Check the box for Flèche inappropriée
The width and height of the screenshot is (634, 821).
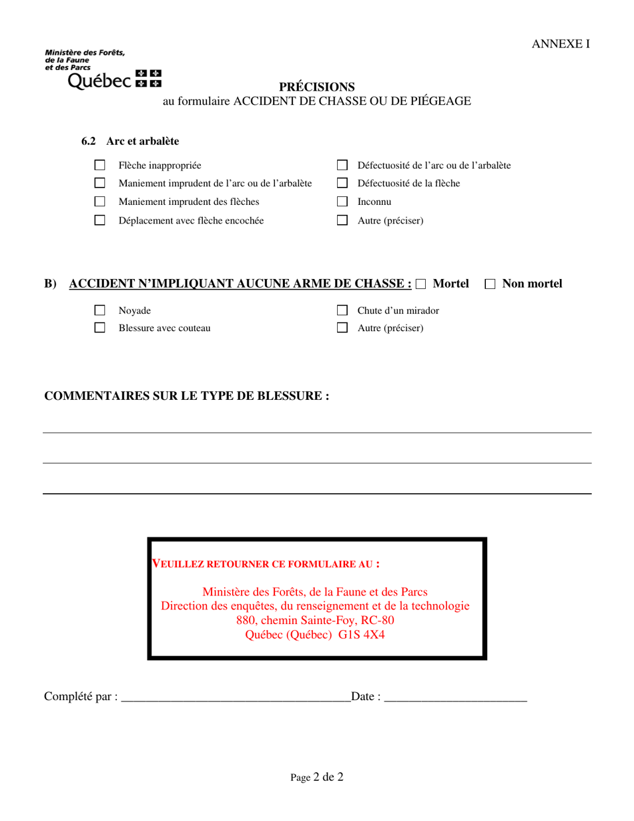[x=99, y=165]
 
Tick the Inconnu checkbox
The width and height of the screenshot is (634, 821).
[x=342, y=202]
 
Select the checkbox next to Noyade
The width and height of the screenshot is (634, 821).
[x=99, y=310]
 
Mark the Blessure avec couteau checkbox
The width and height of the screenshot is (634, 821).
[x=99, y=328]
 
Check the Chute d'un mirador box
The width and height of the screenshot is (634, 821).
[x=342, y=310]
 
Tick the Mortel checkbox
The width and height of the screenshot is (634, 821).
[x=420, y=284]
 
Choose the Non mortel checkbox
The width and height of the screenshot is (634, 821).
[x=490, y=284]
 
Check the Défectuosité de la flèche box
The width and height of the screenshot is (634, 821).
[x=342, y=183]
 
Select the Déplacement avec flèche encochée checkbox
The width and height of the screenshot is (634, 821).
[x=99, y=220]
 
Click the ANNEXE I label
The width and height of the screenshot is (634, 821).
[x=561, y=44]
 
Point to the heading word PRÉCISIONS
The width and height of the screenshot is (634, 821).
[x=316, y=87]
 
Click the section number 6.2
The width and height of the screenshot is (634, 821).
[x=89, y=142]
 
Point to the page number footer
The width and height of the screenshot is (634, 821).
[x=316, y=777]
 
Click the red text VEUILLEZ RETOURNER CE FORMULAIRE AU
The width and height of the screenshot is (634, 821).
[x=266, y=564]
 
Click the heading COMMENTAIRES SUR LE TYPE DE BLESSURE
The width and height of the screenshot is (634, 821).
[x=186, y=396]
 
